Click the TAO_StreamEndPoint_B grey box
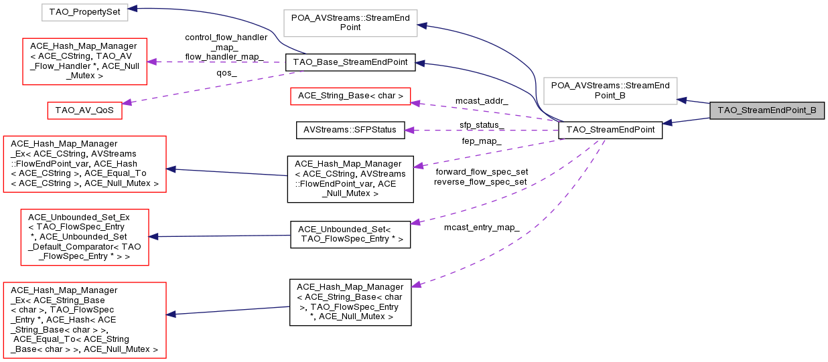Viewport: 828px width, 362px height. [x=766, y=110]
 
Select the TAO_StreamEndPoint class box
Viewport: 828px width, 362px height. [x=610, y=130]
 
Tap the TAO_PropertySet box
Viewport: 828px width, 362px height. [x=83, y=11]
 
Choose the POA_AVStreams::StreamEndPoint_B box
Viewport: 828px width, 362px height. [x=610, y=90]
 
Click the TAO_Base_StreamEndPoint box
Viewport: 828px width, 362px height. [x=350, y=63]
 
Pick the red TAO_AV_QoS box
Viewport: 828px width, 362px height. [x=84, y=110]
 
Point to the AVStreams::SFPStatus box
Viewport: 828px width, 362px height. [x=350, y=130]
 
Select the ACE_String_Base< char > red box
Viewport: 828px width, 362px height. [x=349, y=96]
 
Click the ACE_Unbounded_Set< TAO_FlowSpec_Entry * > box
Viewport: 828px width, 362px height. [x=350, y=234]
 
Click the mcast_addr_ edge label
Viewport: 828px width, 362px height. [x=481, y=100]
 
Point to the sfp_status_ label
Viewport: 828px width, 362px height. [x=482, y=125]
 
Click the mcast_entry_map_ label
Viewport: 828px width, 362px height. [x=482, y=228]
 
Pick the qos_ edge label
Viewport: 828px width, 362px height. [x=226, y=74]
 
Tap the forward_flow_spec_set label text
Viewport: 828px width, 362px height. [x=481, y=171]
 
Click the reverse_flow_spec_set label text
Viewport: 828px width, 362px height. [x=481, y=181]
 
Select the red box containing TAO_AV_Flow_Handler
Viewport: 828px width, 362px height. [x=84, y=62]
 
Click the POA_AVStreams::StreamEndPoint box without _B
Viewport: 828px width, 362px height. [x=350, y=22]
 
